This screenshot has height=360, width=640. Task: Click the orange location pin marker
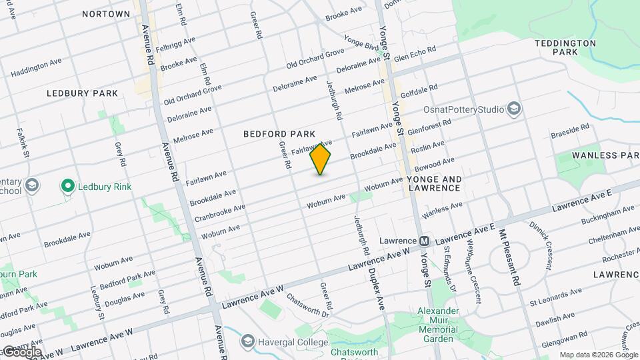pyautogui.click(x=321, y=159)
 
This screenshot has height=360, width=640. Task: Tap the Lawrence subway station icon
pyautogui.click(x=423, y=241)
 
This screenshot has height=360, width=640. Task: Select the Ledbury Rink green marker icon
pyautogui.click(x=67, y=185)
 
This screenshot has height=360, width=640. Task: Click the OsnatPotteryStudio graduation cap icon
pyautogui.click(x=514, y=108)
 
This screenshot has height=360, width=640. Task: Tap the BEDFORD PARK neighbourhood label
pyautogui.click(x=279, y=134)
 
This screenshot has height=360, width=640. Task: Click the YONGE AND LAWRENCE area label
pyautogui.click(x=434, y=183)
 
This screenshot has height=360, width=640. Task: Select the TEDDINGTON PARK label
pyautogui.click(x=565, y=47)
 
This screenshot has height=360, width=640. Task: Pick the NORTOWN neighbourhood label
pyautogui.click(x=106, y=14)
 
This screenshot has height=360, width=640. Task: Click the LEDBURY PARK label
pyautogui.click(x=82, y=93)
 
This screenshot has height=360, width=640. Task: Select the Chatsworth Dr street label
pyautogui.click(x=308, y=304)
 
